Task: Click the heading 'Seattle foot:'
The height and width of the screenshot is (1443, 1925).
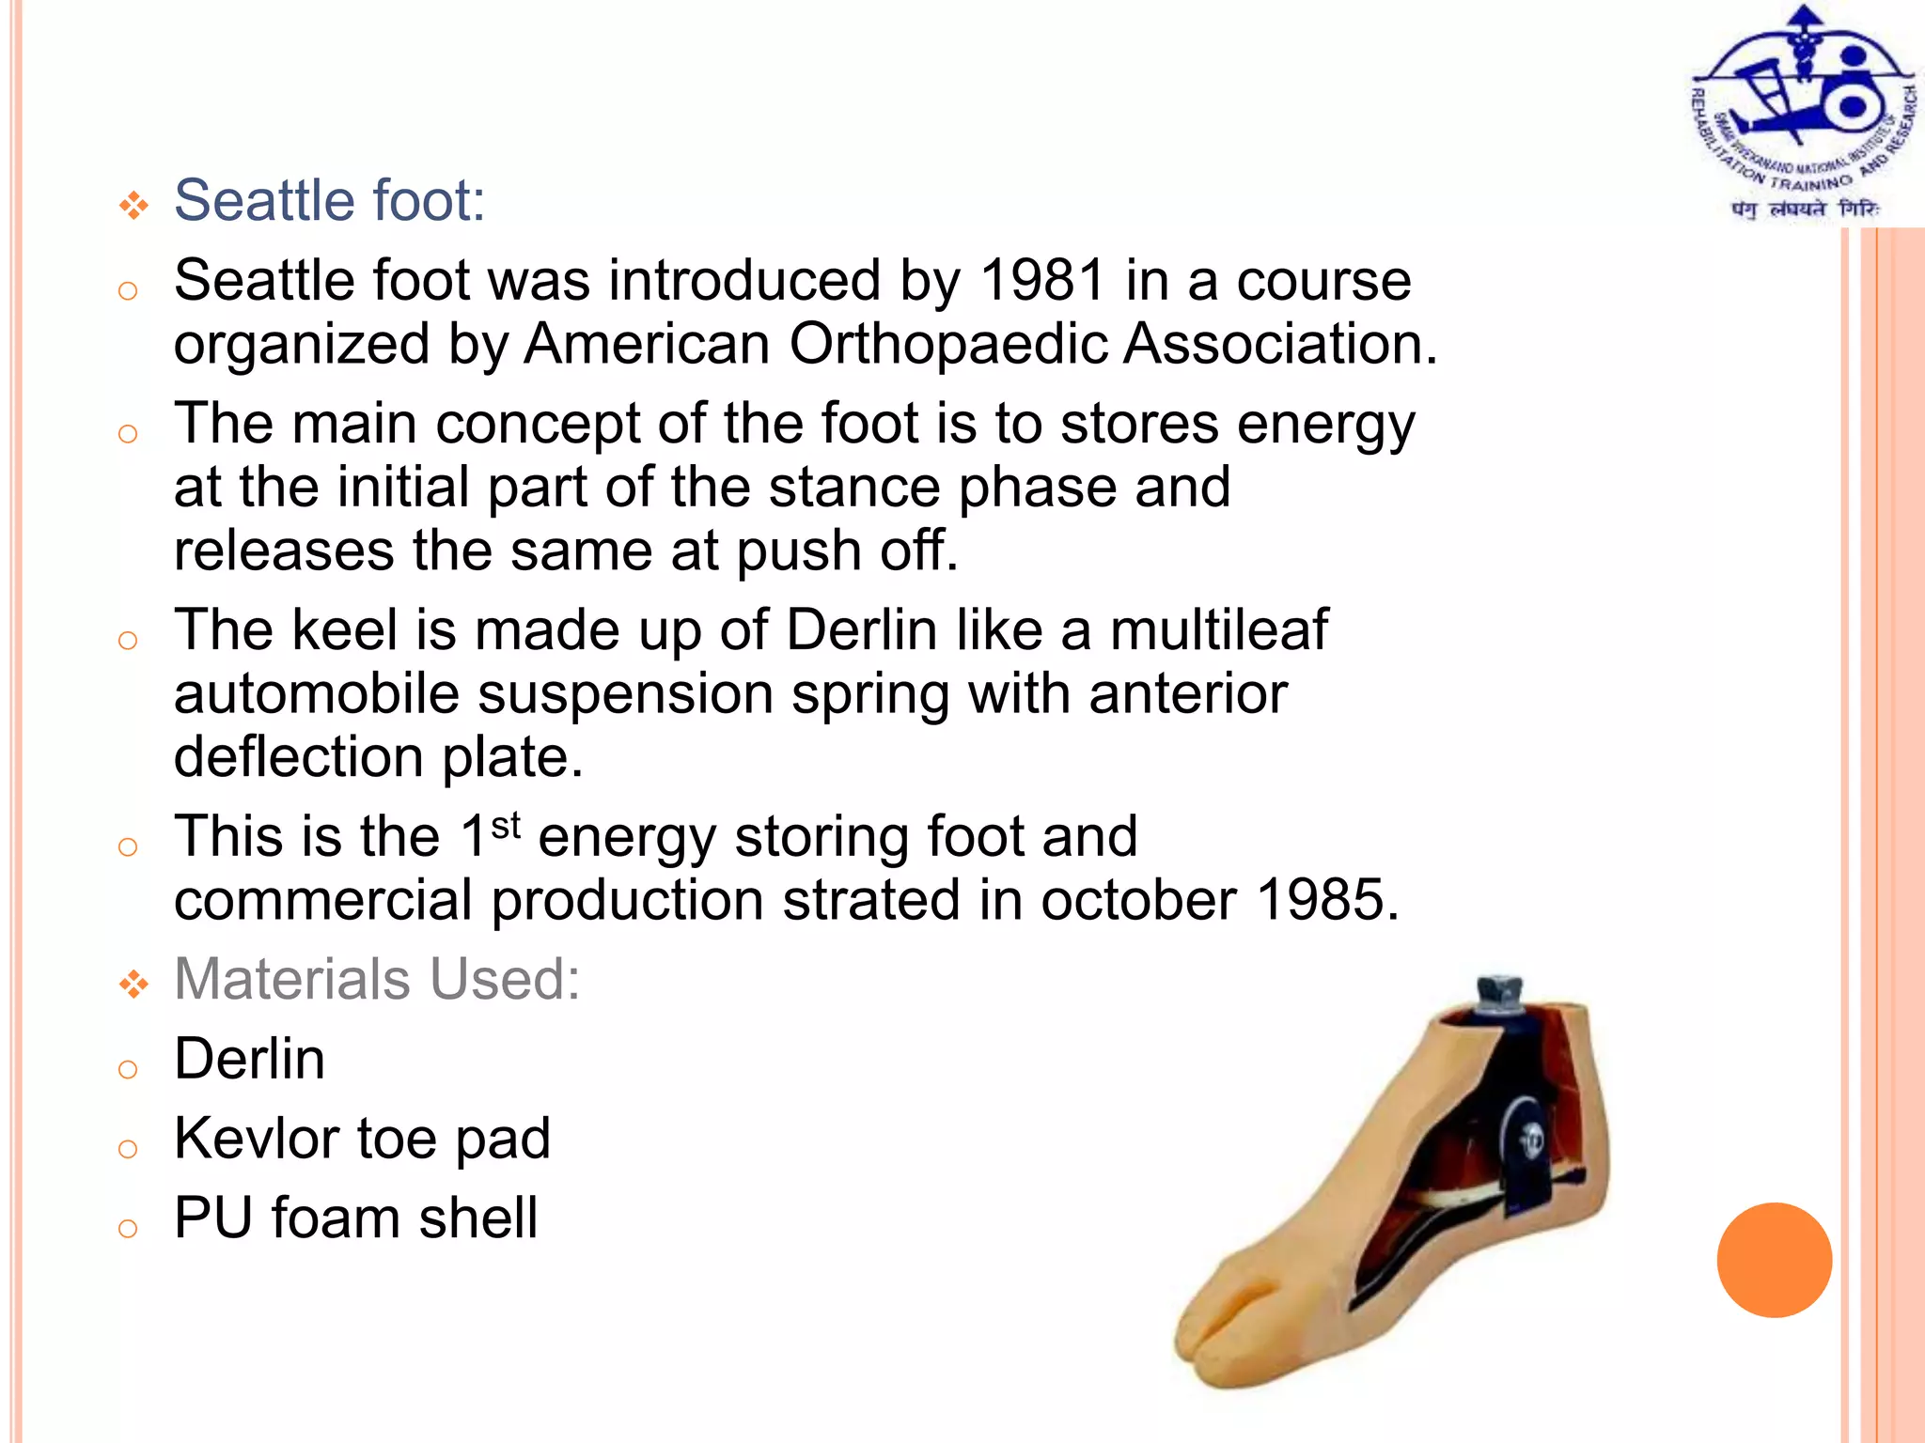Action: click(x=329, y=201)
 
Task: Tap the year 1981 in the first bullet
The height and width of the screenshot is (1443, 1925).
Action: click(x=1041, y=280)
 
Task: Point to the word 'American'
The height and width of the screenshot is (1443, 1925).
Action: click(x=647, y=344)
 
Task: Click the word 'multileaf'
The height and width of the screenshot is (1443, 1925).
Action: click(x=1219, y=629)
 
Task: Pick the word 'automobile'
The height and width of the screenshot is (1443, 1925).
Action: click(x=316, y=693)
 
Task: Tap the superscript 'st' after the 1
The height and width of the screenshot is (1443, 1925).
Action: click(x=506, y=826)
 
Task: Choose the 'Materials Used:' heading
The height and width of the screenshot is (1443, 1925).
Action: click(x=377, y=979)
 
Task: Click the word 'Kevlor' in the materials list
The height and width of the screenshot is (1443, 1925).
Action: click(x=257, y=1139)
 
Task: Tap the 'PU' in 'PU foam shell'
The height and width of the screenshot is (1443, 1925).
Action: click(x=213, y=1218)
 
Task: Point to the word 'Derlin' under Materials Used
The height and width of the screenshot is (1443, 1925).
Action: click(x=249, y=1059)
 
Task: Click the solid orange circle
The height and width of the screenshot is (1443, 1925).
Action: click(x=1774, y=1260)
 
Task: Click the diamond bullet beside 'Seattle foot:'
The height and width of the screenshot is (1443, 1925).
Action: click(x=133, y=205)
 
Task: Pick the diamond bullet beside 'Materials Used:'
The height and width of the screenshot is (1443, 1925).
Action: click(x=133, y=984)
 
